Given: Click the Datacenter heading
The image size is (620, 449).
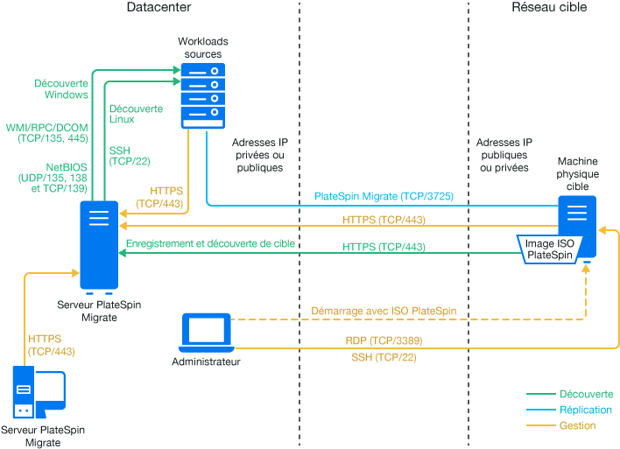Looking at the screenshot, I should tap(159, 7).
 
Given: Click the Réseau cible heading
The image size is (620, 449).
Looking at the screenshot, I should tap(549, 7).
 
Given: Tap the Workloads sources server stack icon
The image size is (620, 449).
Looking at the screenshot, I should tap(202, 95).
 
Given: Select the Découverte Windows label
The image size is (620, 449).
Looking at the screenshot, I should tap(61, 88).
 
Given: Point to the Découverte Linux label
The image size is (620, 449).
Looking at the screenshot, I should tap(136, 114).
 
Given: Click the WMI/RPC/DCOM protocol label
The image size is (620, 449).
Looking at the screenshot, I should tap(46, 132).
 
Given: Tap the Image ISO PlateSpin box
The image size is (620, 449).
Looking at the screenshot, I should tap(549, 249).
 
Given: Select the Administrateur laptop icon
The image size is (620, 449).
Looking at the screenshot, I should tap(207, 332).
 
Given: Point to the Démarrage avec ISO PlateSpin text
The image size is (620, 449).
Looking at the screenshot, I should tap(384, 311).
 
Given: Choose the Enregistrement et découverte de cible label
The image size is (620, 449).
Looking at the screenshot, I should tap(210, 242).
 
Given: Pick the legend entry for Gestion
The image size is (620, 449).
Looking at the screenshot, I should tap(577, 425).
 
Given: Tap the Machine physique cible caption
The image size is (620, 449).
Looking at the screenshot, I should tap(578, 174).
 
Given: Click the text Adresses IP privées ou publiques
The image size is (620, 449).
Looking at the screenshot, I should tap(258, 154).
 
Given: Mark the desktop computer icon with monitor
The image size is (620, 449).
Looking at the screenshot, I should tap(39, 395).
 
